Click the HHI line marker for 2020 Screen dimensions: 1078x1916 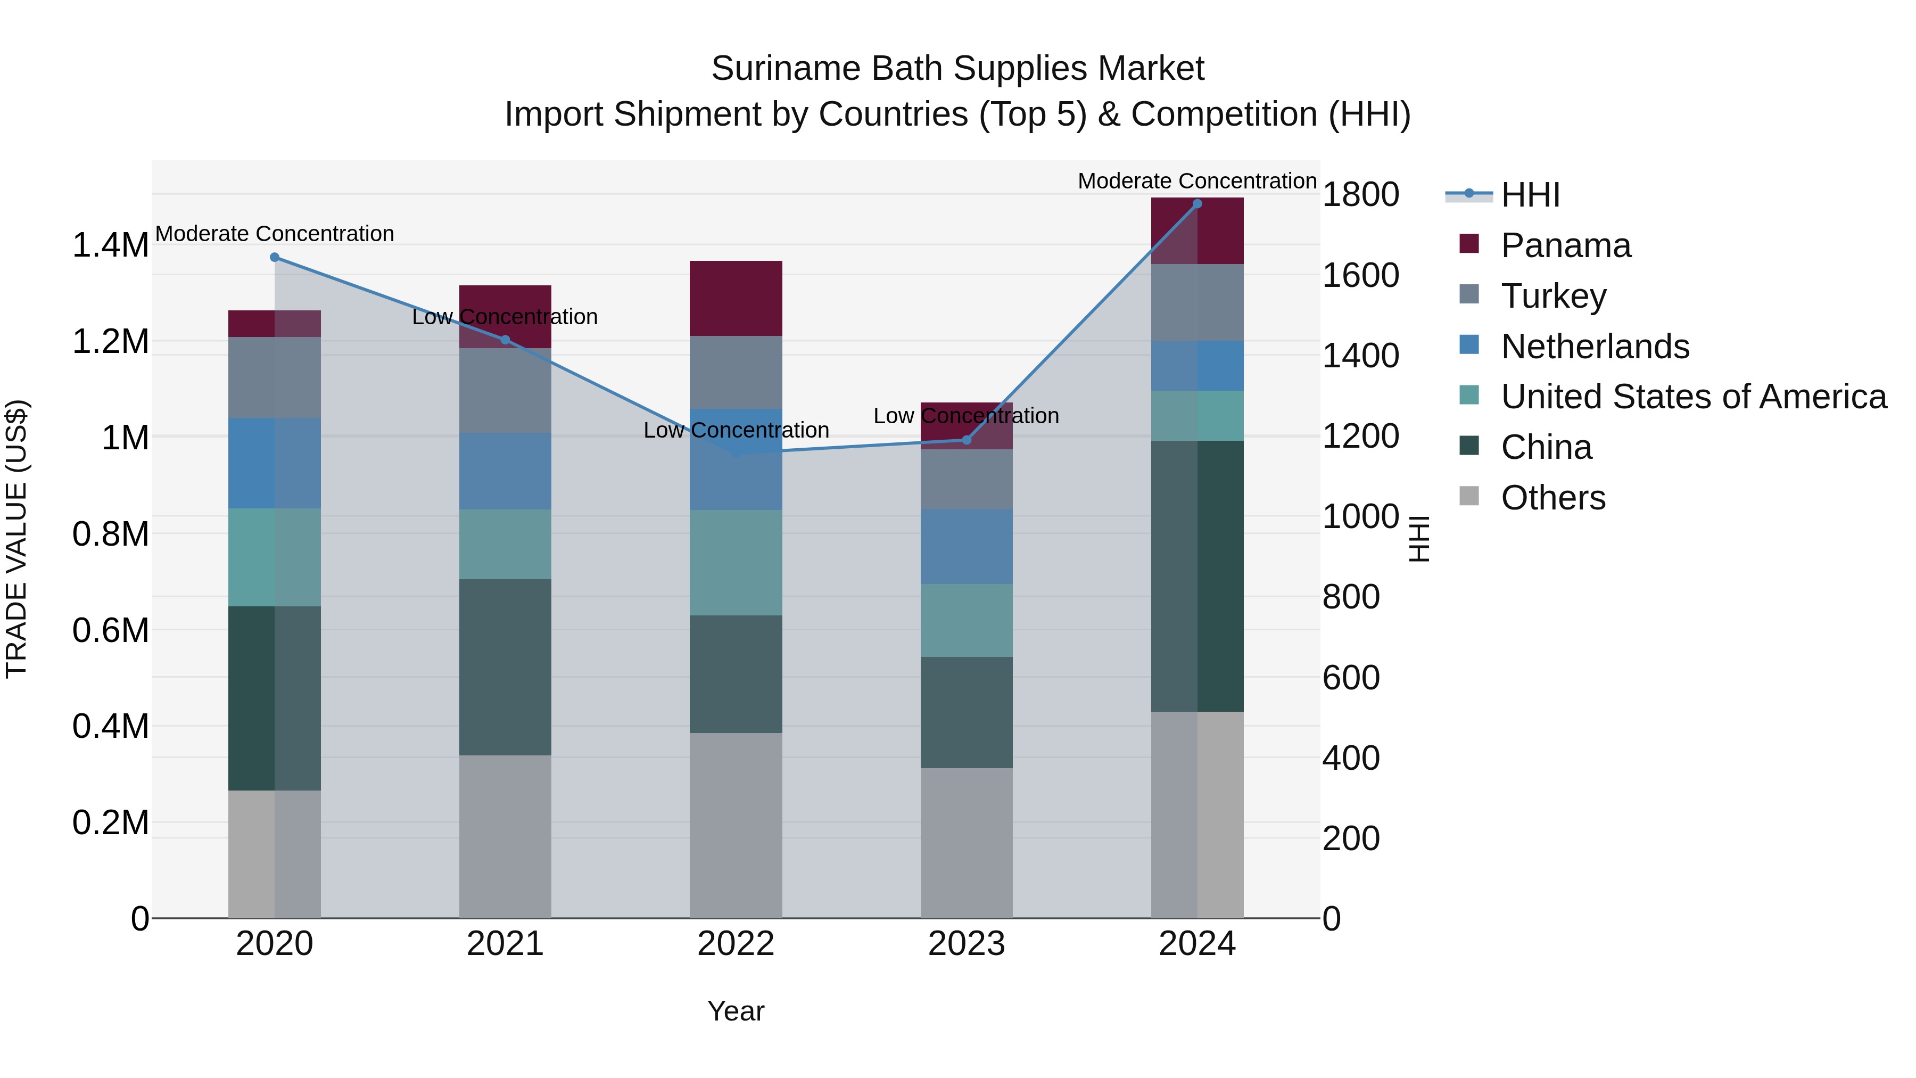coord(275,258)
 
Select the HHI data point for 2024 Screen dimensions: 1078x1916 coord(1197,204)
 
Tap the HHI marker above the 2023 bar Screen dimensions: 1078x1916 coord(966,440)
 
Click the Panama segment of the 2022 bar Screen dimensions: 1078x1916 coord(736,298)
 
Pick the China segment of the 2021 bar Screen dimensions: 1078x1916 coord(505,668)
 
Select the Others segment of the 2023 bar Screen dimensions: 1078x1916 coord(966,842)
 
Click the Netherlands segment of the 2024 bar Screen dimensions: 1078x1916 coord(1197,366)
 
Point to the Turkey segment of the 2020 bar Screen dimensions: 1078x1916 coord(275,377)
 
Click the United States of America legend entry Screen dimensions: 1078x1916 coord(1693,397)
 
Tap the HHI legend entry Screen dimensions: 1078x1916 coord(1530,195)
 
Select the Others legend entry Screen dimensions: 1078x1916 coord(1552,498)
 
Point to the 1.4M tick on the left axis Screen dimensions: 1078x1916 coord(110,245)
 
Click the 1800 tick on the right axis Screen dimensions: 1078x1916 coord(1360,195)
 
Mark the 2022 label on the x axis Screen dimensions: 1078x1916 coord(736,944)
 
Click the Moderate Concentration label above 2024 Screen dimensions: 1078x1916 coord(1197,181)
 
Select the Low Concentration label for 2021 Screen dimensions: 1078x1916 coord(505,317)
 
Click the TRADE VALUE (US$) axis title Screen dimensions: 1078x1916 coord(17,539)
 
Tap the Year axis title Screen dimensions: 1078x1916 coord(736,1011)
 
